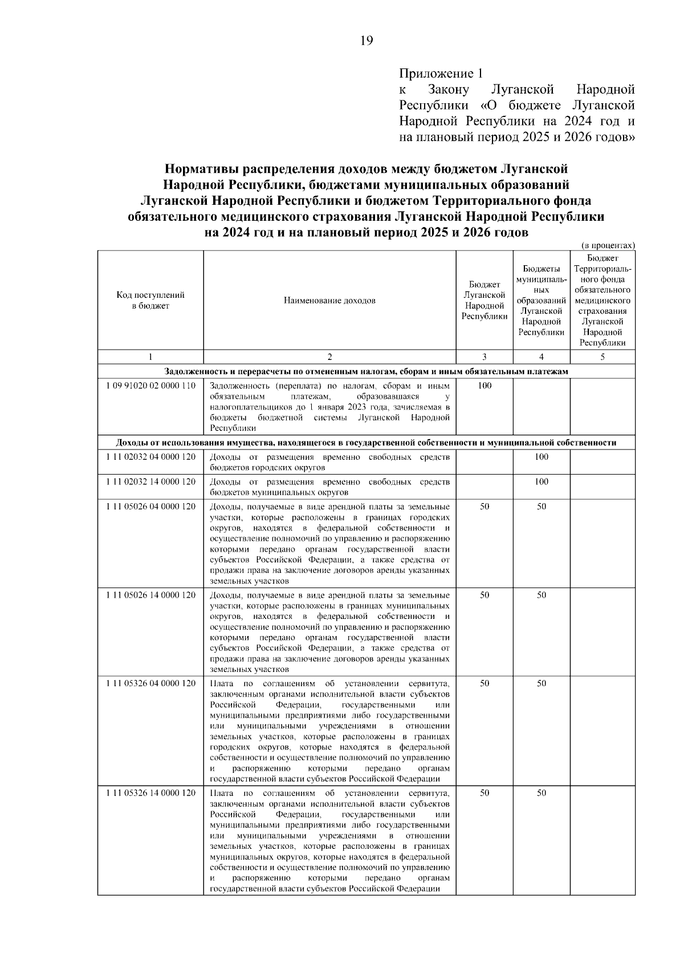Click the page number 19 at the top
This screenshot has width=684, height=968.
[367, 40]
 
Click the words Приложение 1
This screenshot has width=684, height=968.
[441, 74]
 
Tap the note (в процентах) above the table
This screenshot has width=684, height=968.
[608, 245]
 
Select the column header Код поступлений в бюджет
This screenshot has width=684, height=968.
[150, 300]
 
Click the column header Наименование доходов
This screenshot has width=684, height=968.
[329, 300]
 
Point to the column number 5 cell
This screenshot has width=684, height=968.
[602, 357]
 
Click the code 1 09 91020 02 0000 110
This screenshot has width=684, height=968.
[150, 386]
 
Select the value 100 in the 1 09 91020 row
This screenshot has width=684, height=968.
[484, 386]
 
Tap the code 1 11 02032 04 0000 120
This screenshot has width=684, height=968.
[150, 457]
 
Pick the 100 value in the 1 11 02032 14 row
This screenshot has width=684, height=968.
[541, 481]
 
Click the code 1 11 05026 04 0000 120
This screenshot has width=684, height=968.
[150, 507]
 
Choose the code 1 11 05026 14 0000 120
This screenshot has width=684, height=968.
[150, 595]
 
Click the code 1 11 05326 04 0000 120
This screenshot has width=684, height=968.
[150, 683]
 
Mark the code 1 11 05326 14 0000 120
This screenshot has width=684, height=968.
[150, 793]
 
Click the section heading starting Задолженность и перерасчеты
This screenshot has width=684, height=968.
[366, 371]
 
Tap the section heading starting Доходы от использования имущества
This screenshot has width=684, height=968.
[366, 443]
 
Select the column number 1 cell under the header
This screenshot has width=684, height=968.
[150, 357]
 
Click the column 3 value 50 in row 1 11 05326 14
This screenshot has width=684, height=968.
[484, 793]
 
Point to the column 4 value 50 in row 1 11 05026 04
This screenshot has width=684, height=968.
[541, 507]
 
